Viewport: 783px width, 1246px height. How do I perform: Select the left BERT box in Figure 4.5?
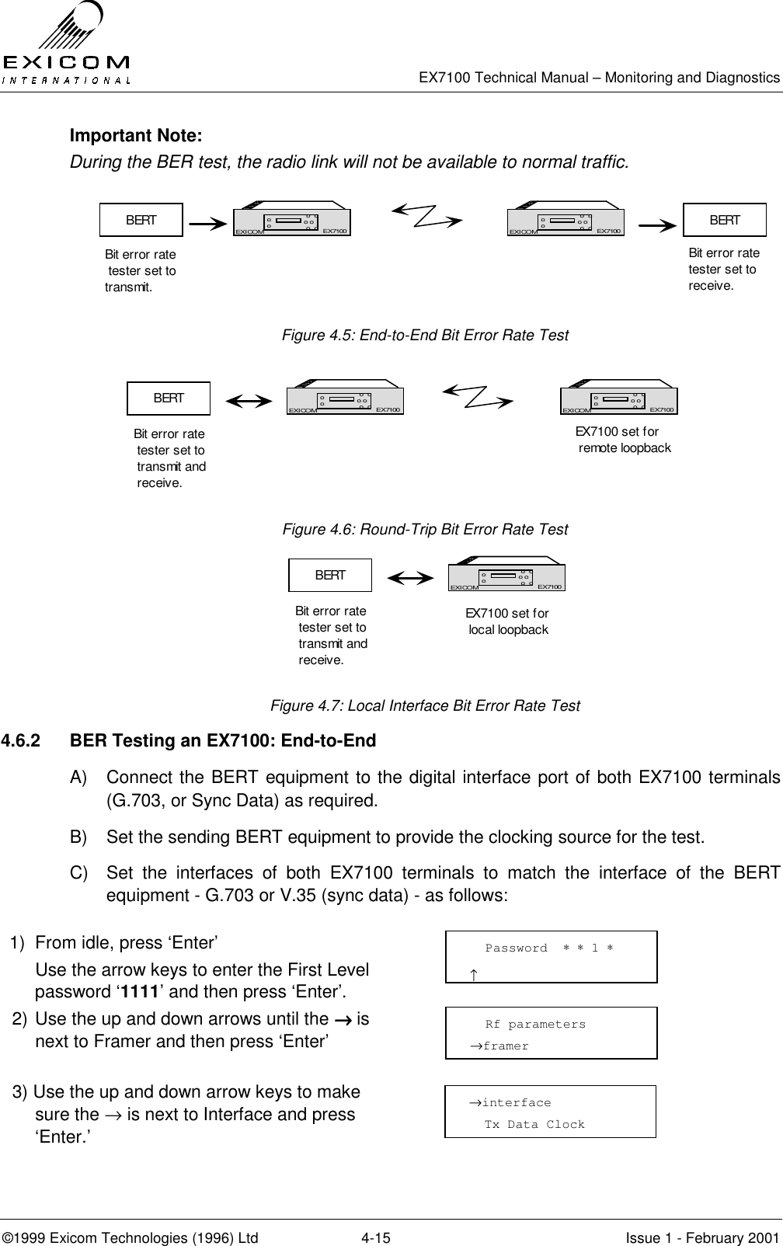point(141,220)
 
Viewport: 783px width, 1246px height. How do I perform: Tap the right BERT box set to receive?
point(724,220)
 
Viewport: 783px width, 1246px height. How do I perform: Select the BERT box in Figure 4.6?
point(169,399)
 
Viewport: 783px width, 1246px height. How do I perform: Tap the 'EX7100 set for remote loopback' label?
point(621,440)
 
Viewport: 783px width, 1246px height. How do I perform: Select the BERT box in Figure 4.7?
point(330,576)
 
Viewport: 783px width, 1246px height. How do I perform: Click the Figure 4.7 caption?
point(424,705)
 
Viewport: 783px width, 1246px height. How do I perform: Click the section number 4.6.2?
point(22,741)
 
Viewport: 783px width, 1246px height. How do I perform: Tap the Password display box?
point(551,957)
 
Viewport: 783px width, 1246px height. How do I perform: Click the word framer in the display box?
point(505,1046)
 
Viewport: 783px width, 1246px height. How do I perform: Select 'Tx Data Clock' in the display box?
point(534,1125)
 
